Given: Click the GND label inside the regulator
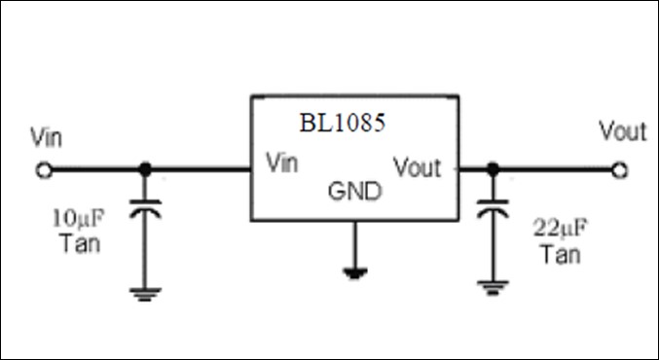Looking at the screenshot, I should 355,191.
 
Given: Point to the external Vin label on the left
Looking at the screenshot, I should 47,137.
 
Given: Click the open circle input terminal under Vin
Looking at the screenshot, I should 44,170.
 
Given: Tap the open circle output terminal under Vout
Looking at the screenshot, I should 619,170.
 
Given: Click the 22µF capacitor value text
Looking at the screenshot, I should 559,232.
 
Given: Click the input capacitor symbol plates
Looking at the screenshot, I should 146,210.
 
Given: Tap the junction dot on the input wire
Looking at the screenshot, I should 146,170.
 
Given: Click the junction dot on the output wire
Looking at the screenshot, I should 493,170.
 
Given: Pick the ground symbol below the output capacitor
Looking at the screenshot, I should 493,288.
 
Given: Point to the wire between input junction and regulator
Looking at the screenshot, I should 200,170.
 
